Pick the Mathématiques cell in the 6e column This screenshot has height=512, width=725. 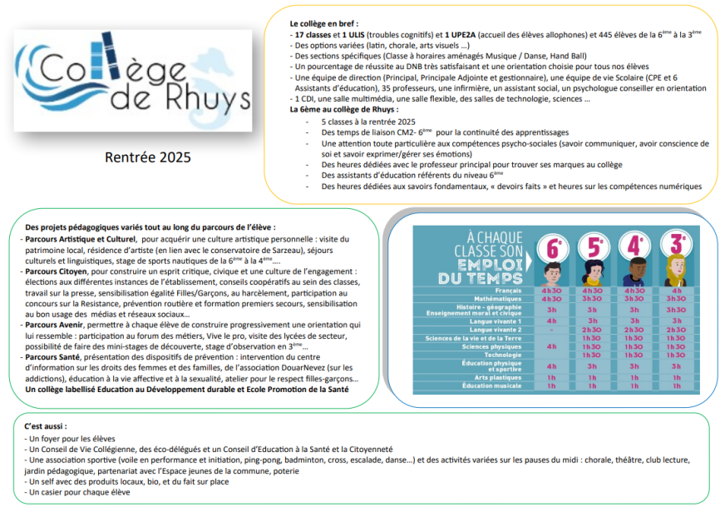point(550,298)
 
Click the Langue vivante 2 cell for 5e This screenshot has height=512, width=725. point(593,330)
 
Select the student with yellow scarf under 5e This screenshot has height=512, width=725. point(594,273)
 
